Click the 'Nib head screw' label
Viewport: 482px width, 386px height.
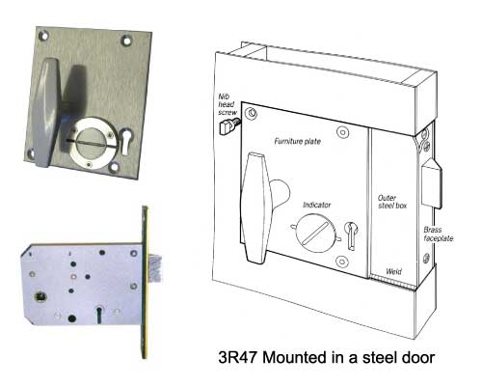coord(228,104)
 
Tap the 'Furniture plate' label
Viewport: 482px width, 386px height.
coord(298,141)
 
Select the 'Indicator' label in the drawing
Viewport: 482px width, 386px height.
coord(317,205)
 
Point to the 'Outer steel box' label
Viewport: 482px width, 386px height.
coord(392,202)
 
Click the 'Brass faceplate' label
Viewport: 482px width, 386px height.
coord(439,234)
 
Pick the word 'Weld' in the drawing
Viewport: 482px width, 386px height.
coord(393,271)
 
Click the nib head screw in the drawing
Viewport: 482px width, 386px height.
coord(228,126)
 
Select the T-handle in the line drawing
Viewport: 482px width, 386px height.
coord(254,207)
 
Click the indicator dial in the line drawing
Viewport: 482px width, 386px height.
coord(314,232)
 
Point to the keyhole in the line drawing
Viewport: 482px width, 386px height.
coord(351,235)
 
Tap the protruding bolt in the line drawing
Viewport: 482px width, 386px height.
coord(432,184)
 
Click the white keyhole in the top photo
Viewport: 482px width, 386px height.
coord(125,143)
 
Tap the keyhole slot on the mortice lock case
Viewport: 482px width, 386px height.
coord(99,315)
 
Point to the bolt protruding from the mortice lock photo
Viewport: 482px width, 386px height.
coord(154,268)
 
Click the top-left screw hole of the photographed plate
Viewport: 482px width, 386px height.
coord(43,35)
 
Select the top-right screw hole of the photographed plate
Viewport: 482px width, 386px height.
coord(127,41)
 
